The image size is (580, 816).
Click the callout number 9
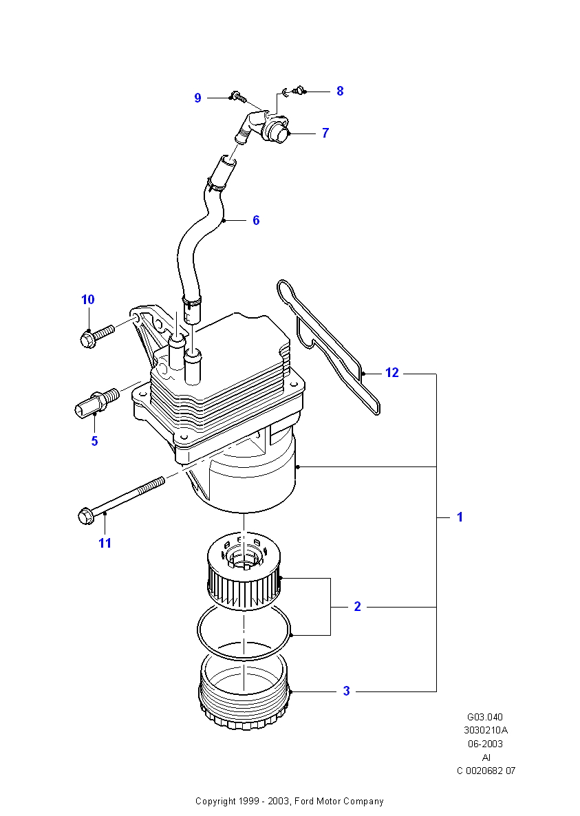[x=197, y=98]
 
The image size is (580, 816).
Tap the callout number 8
[x=340, y=91]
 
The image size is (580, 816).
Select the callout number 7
[x=325, y=133]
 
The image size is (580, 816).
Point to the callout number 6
[x=256, y=220]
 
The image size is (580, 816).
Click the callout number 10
[x=88, y=299]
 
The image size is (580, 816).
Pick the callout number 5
[x=95, y=441]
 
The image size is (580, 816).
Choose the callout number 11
[x=105, y=544]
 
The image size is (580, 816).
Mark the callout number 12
[x=392, y=373]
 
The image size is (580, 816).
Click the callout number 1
[x=460, y=517]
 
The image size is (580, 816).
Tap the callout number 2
[x=357, y=606]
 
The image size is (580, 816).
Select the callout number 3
[x=347, y=691]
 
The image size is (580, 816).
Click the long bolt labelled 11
[x=120, y=499]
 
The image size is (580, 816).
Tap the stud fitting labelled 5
[x=97, y=401]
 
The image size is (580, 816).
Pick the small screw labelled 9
[x=237, y=96]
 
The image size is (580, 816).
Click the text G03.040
[x=485, y=717]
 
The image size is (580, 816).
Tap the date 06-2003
[x=485, y=744]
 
